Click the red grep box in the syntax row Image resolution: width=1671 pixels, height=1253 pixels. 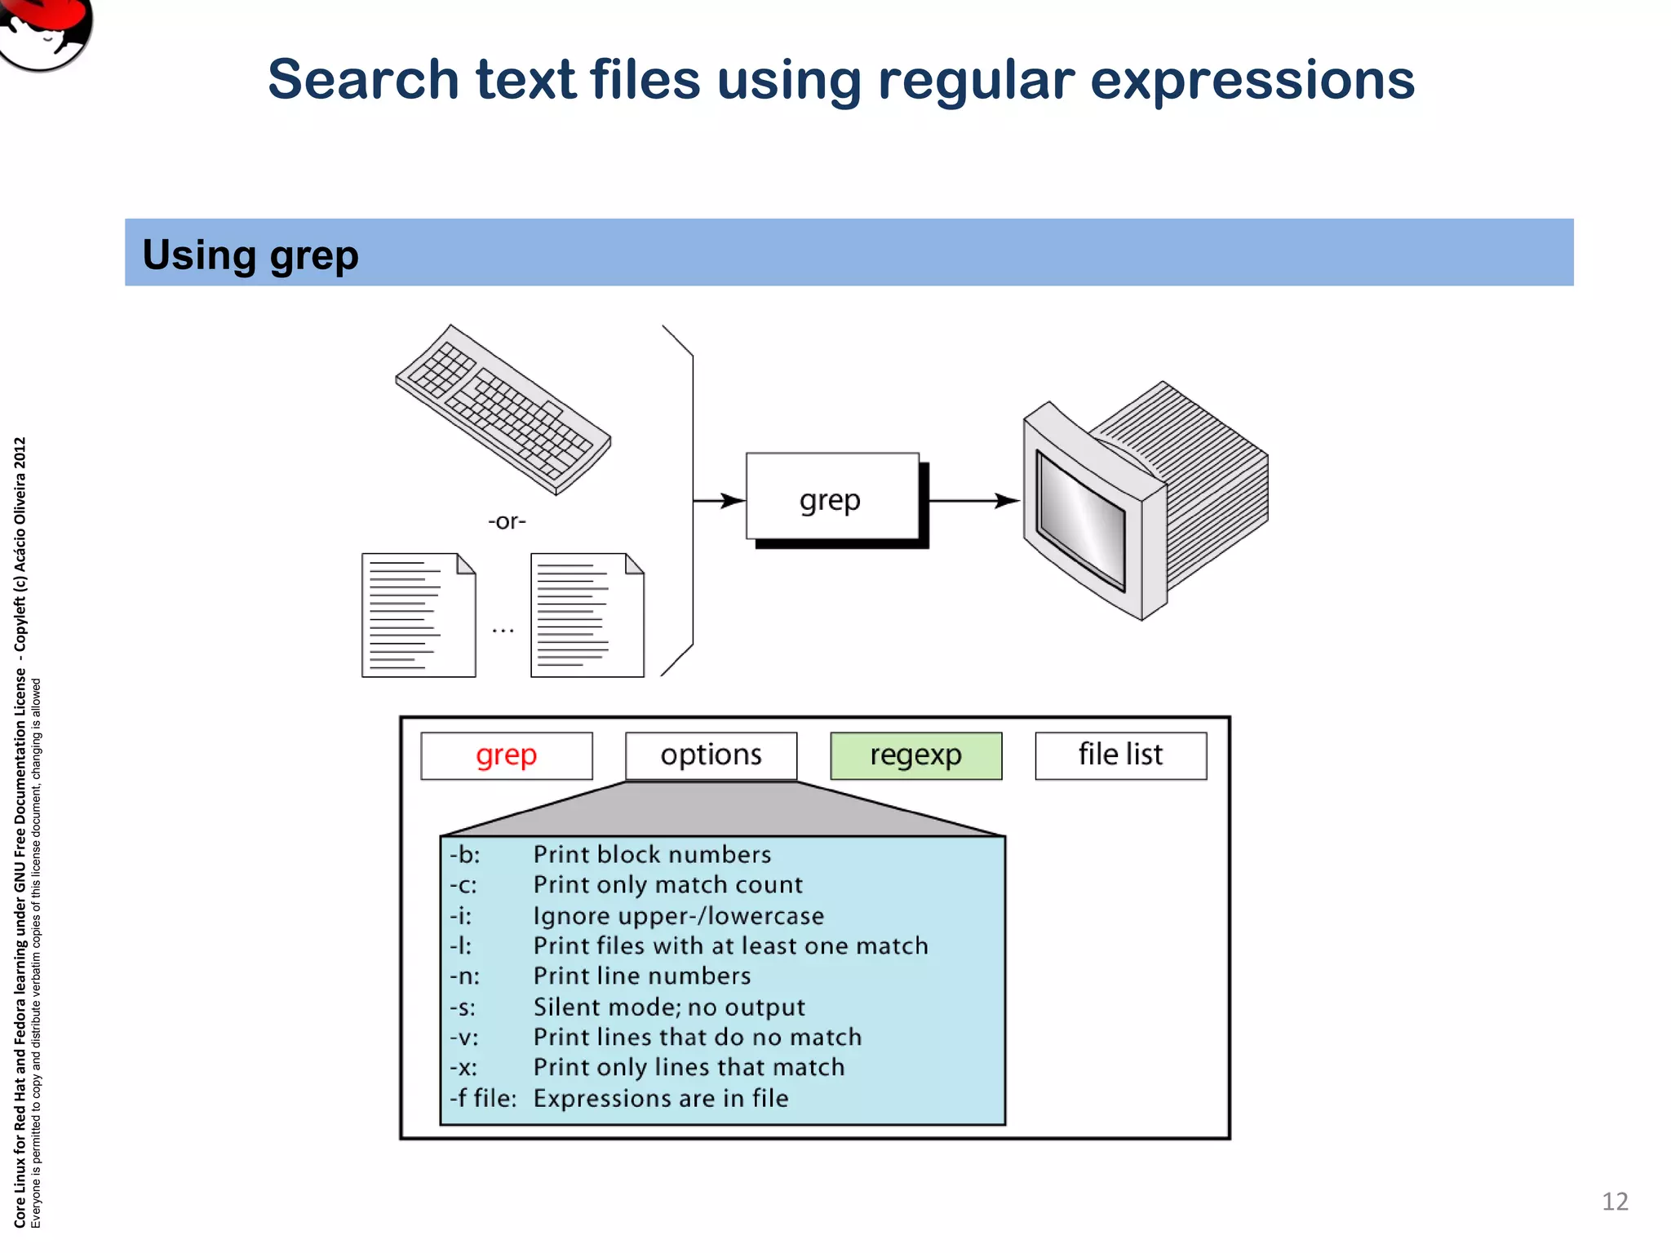(506, 755)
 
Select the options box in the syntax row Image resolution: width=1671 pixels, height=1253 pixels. (711, 755)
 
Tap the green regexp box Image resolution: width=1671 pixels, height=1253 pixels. (915, 755)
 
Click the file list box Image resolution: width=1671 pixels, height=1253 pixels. (1120, 755)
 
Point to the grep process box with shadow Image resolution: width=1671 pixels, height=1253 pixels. (831, 498)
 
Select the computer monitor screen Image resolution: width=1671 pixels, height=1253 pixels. (1079, 519)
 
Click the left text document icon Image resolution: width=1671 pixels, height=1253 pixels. (418, 615)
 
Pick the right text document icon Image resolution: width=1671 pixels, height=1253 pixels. (587, 615)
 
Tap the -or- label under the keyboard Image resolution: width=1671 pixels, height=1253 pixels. (507, 521)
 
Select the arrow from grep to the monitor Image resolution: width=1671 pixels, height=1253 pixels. (974, 500)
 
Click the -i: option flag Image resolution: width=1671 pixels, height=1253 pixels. (461, 915)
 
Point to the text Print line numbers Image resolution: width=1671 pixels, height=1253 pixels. (641, 976)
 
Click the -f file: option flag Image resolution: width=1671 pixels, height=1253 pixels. (482, 1098)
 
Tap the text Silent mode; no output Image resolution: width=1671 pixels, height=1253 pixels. (668, 1007)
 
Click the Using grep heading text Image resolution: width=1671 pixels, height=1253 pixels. (250, 255)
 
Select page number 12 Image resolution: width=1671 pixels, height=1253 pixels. (1614, 1201)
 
